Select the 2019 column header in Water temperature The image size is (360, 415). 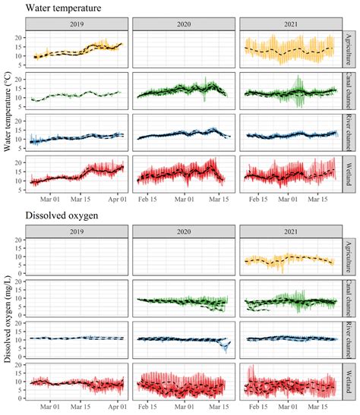tap(76, 24)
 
